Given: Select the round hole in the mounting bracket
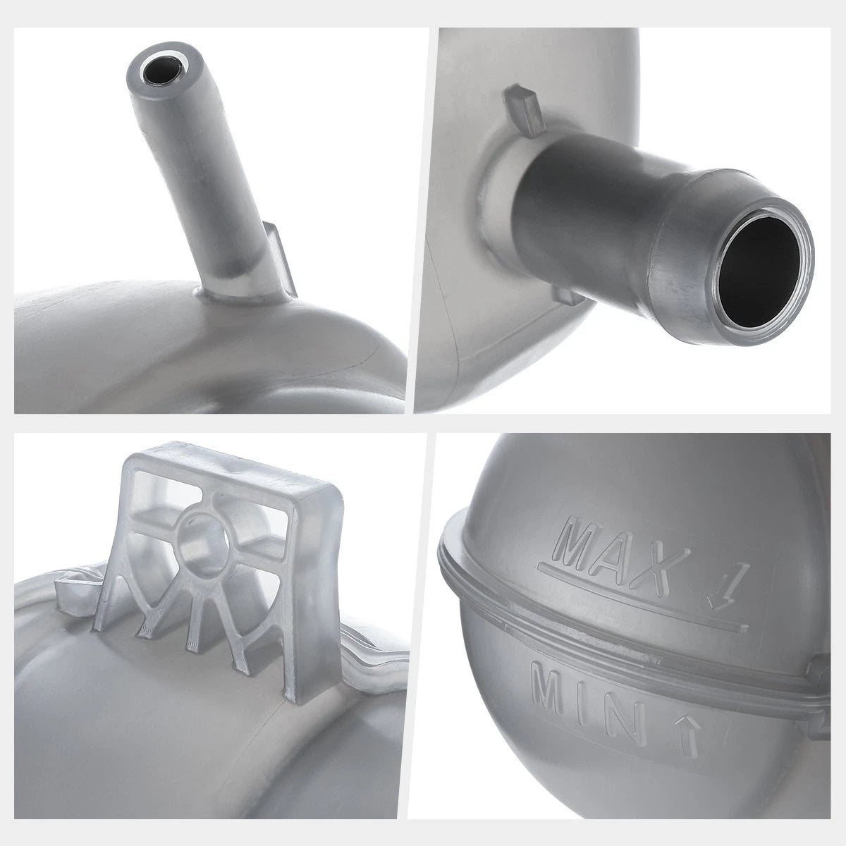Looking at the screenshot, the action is click(200, 537).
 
